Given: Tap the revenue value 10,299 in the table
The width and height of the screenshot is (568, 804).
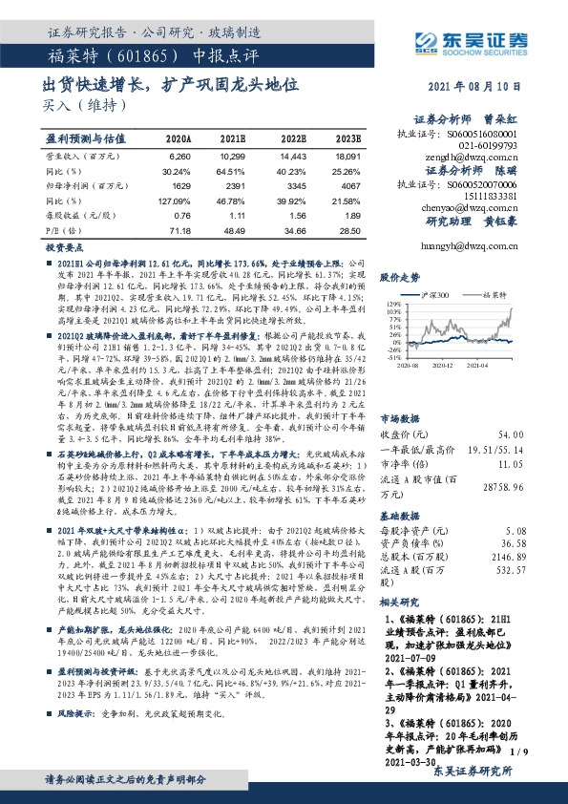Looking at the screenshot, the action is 233,155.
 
